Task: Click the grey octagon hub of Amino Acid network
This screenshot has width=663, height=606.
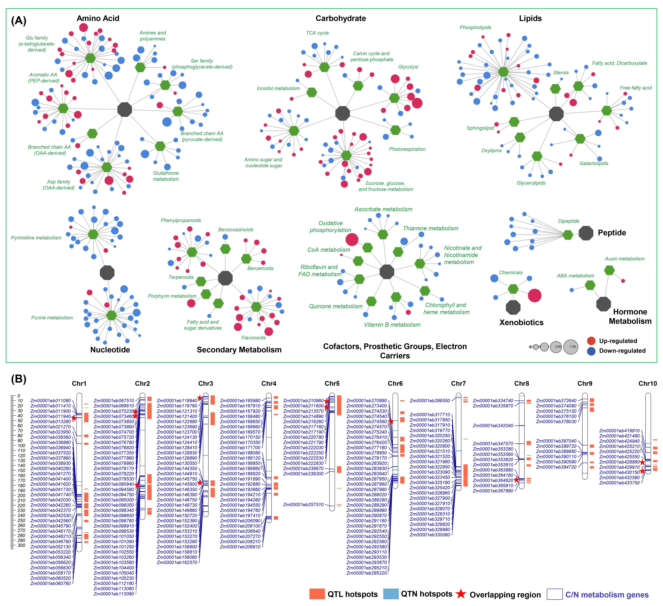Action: pyautogui.click(x=125, y=109)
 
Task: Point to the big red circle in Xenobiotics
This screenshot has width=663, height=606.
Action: pyautogui.click(x=534, y=295)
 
